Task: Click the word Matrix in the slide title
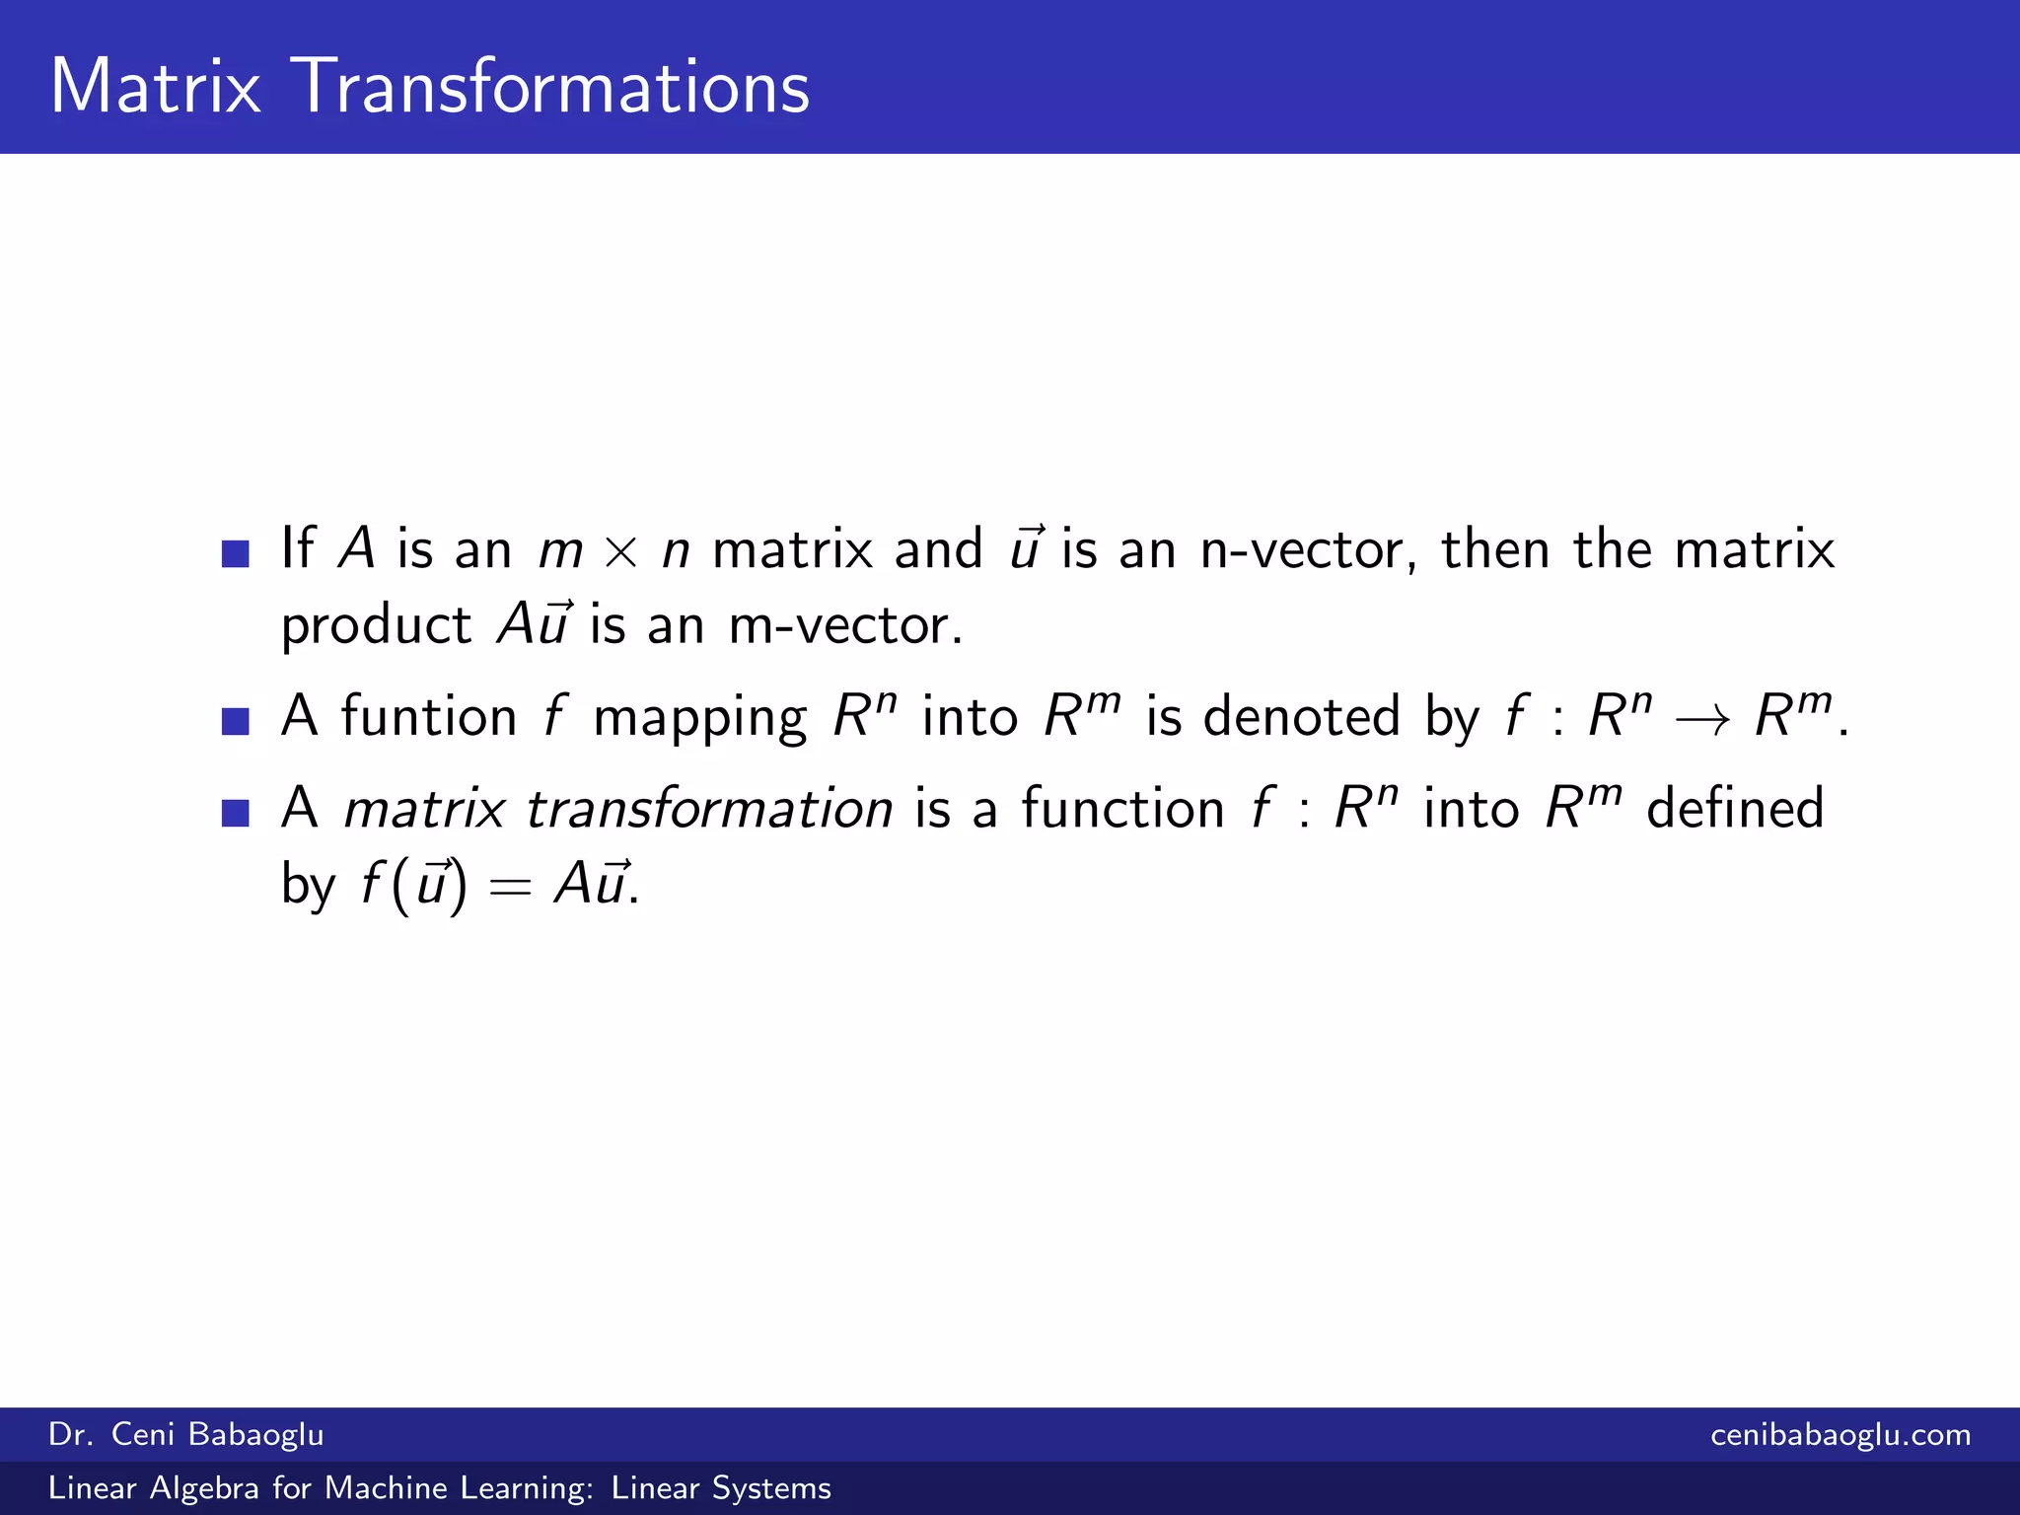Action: click(x=155, y=87)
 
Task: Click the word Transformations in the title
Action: click(x=551, y=87)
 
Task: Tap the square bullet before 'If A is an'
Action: click(x=236, y=553)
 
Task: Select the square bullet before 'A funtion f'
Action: click(x=236, y=721)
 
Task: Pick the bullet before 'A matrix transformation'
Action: click(x=236, y=813)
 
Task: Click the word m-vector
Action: click(x=843, y=626)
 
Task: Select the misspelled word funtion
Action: click(x=429, y=716)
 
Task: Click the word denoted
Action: click(x=1301, y=716)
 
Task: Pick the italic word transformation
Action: click(x=709, y=809)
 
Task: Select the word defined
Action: click(x=1735, y=809)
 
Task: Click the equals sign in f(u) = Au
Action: click(x=510, y=887)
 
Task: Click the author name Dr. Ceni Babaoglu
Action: click(x=185, y=1434)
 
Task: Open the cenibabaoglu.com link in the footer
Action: click(x=1840, y=1434)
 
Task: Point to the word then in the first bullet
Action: click(x=1495, y=549)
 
